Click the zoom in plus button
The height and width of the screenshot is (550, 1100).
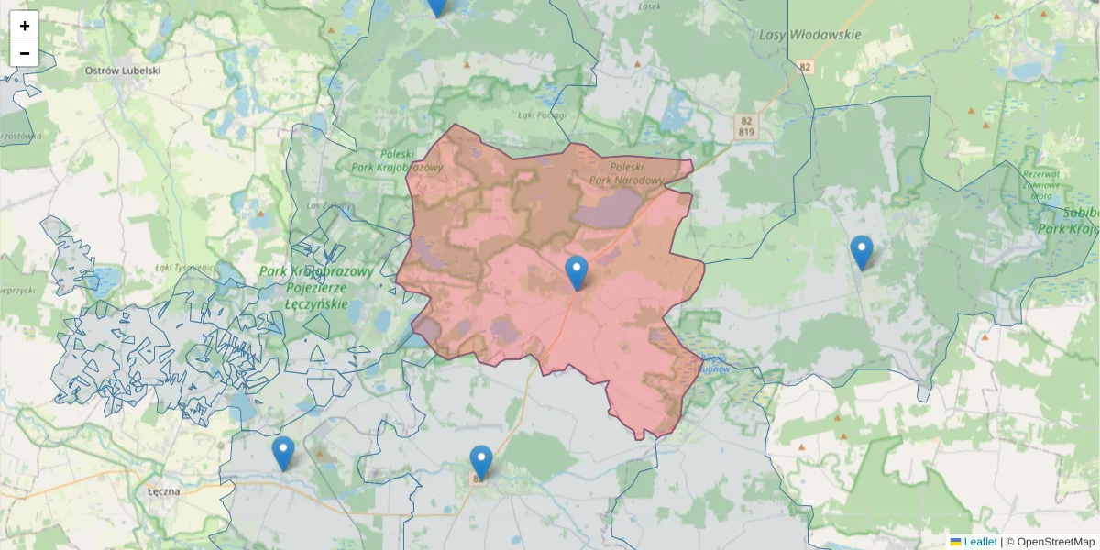(x=25, y=26)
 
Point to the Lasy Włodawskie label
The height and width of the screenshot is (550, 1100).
(x=810, y=35)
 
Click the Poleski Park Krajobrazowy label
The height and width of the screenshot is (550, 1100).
(x=397, y=161)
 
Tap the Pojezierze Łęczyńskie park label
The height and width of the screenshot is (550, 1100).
(x=315, y=287)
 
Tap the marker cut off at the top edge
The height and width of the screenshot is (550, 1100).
(x=437, y=5)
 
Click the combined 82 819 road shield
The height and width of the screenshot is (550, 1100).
(x=745, y=126)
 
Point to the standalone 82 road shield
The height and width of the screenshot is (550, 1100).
(x=805, y=67)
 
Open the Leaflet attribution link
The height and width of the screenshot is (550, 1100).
(x=980, y=542)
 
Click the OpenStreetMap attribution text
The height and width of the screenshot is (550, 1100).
(x=1055, y=542)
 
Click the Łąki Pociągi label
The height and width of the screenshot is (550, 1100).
(x=542, y=115)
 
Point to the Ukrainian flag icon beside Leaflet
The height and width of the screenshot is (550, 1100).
(x=956, y=542)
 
